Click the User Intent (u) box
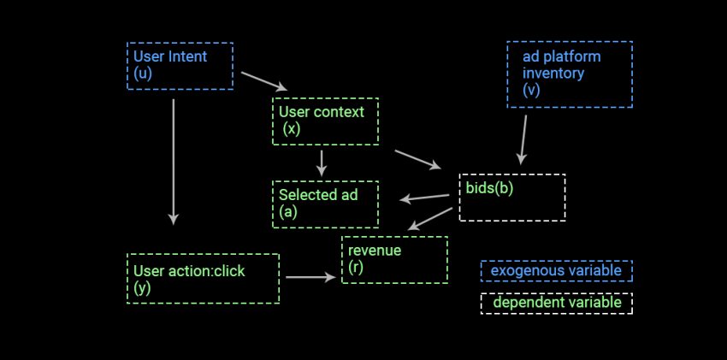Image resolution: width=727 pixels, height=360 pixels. pos(180,66)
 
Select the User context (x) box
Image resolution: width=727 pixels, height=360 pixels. pos(325,121)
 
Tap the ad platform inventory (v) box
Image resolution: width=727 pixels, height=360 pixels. pos(570,74)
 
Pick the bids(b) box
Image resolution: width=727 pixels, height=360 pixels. pos(511,198)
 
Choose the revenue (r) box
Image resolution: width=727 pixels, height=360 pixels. pos(394,259)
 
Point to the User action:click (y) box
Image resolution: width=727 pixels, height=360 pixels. pos(203,278)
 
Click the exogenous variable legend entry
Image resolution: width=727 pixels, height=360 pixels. pos(556,271)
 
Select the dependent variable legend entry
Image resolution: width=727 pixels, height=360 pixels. pos(556,304)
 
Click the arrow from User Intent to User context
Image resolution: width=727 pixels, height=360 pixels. pos(264,81)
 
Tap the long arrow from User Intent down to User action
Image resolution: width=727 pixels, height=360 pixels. pos(174,161)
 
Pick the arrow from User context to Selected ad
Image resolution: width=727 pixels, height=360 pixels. pos(322,162)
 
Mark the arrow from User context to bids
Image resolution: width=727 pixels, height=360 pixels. pos(418,160)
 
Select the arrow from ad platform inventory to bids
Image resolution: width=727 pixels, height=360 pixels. pos(523,139)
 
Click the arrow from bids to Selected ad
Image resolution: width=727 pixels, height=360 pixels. pos(425,198)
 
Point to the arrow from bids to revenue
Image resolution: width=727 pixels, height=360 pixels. pos(429,218)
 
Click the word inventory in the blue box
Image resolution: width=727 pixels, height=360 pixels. pos(553,74)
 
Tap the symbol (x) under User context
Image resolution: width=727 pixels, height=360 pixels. pos(292,129)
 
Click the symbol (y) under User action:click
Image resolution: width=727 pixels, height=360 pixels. pos(142,288)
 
